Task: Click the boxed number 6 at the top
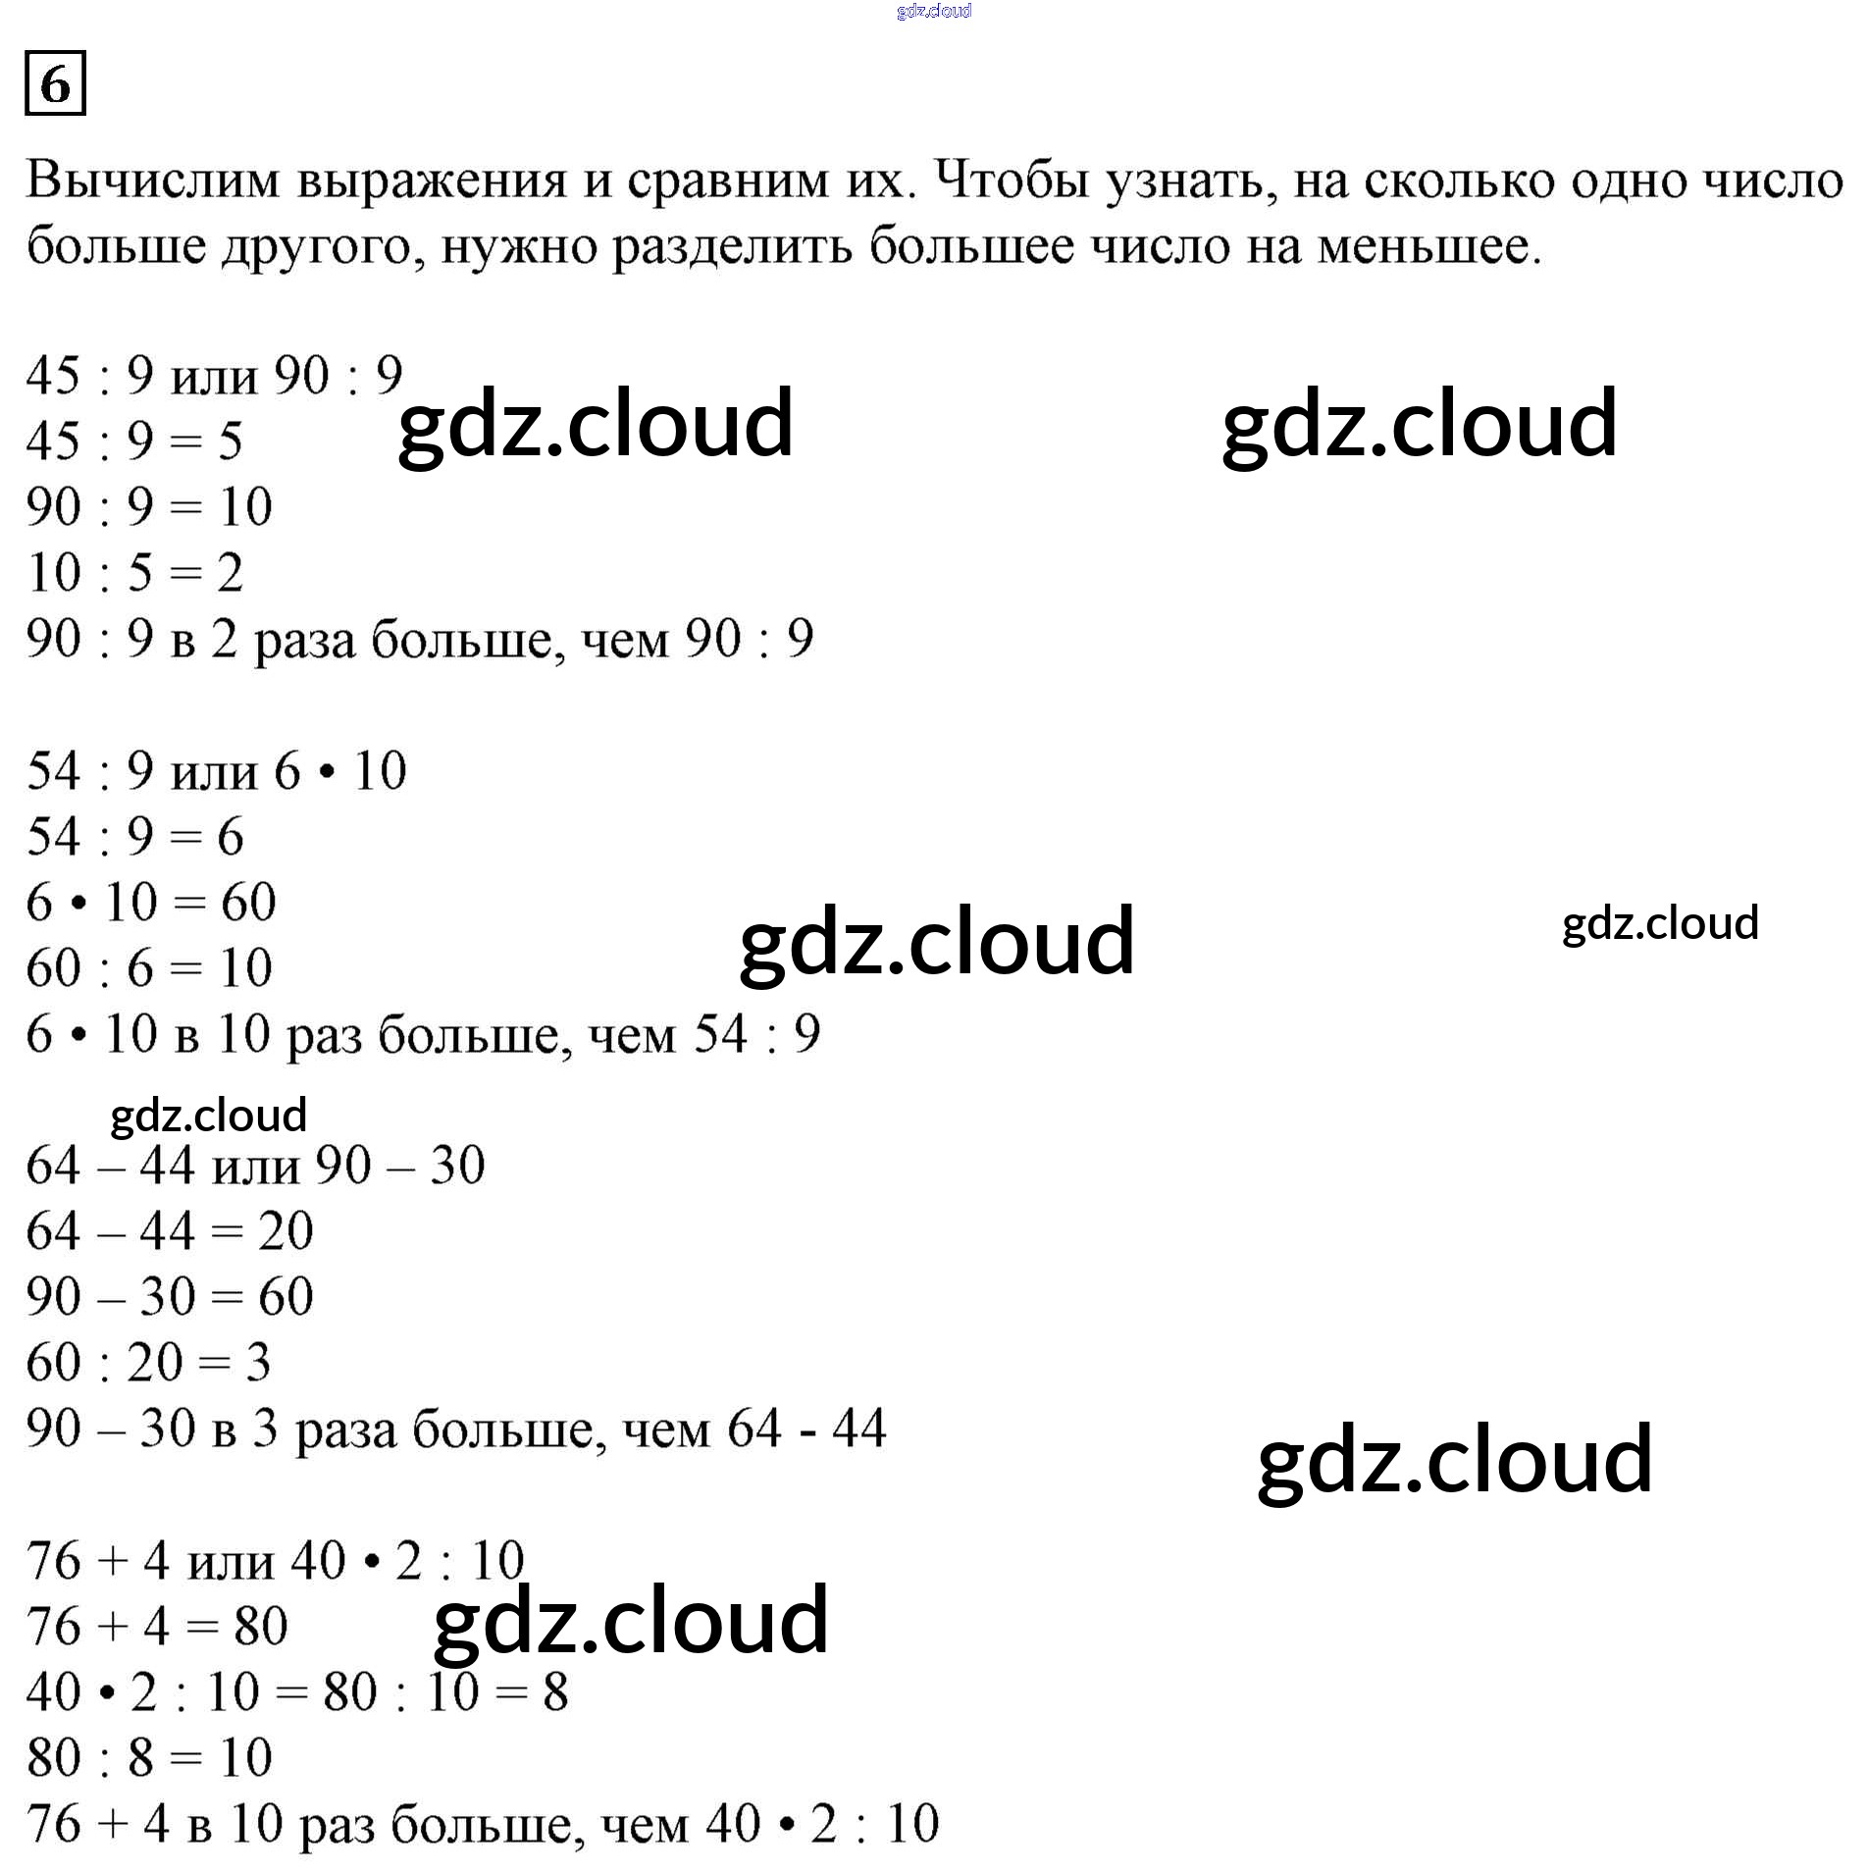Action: pyautogui.click(x=55, y=83)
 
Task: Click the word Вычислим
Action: pyautogui.click(x=153, y=181)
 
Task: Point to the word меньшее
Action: pyautogui.click(x=1427, y=246)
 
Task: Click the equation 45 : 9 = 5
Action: pyautogui.click(x=134, y=441)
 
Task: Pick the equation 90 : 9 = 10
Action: pyautogui.click(x=149, y=506)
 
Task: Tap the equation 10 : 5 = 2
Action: pyautogui.click(x=134, y=572)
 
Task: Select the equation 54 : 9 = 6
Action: pyautogui.click(x=134, y=836)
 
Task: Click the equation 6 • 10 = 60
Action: pyautogui.click(x=151, y=902)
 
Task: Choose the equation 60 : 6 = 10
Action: pyautogui.click(x=149, y=967)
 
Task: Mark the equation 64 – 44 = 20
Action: pyautogui.click(x=170, y=1230)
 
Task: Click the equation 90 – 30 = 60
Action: pyautogui.click(x=170, y=1296)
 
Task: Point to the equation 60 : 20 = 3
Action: pyautogui.click(x=148, y=1362)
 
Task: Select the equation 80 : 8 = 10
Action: pyautogui.click(x=149, y=1757)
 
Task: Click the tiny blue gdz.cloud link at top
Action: pyautogui.click(x=934, y=11)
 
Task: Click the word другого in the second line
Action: pyautogui.click(x=323, y=246)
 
